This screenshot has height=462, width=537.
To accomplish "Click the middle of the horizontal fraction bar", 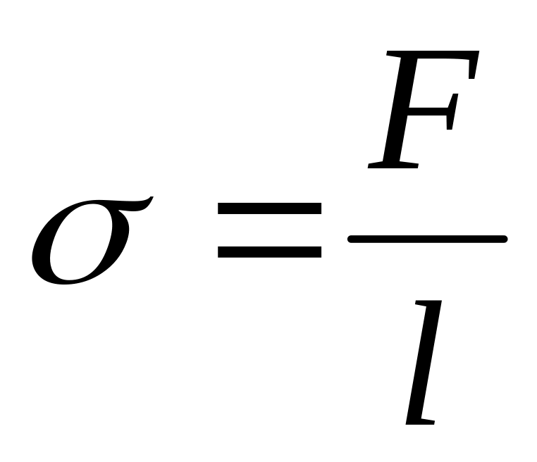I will [428, 239].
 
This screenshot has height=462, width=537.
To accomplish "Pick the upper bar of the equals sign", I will [270, 209].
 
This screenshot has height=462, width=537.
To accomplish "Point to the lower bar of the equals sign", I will [270, 250].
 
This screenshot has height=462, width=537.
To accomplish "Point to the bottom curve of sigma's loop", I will [67, 280].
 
